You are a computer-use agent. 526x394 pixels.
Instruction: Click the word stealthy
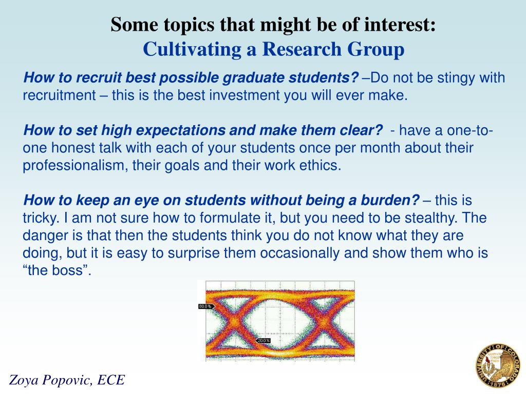click(428, 218)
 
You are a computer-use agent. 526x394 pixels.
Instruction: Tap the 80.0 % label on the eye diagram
click(204, 306)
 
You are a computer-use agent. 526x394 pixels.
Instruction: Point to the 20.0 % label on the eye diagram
click(264, 341)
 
